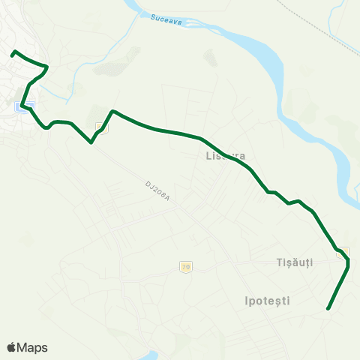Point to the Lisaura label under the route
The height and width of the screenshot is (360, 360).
(x=226, y=157)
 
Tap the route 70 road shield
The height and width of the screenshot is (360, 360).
(x=184, y=266)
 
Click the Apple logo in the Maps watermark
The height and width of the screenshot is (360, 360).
(x=12, y=347)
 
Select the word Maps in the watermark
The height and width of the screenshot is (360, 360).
(x=34, y=347)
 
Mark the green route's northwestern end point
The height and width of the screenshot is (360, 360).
(x=13, y=52)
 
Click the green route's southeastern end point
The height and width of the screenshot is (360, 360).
(x=328, y=308)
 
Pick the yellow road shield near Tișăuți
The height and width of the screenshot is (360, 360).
(x=343, y=250)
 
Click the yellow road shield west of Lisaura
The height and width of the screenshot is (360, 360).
(x=103, y=127)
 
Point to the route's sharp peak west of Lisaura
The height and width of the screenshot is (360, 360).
(x=112, y=111)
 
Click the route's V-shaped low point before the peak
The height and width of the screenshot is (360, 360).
(x=91, y=142)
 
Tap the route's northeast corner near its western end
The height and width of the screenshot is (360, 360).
(x=48, y=67)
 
